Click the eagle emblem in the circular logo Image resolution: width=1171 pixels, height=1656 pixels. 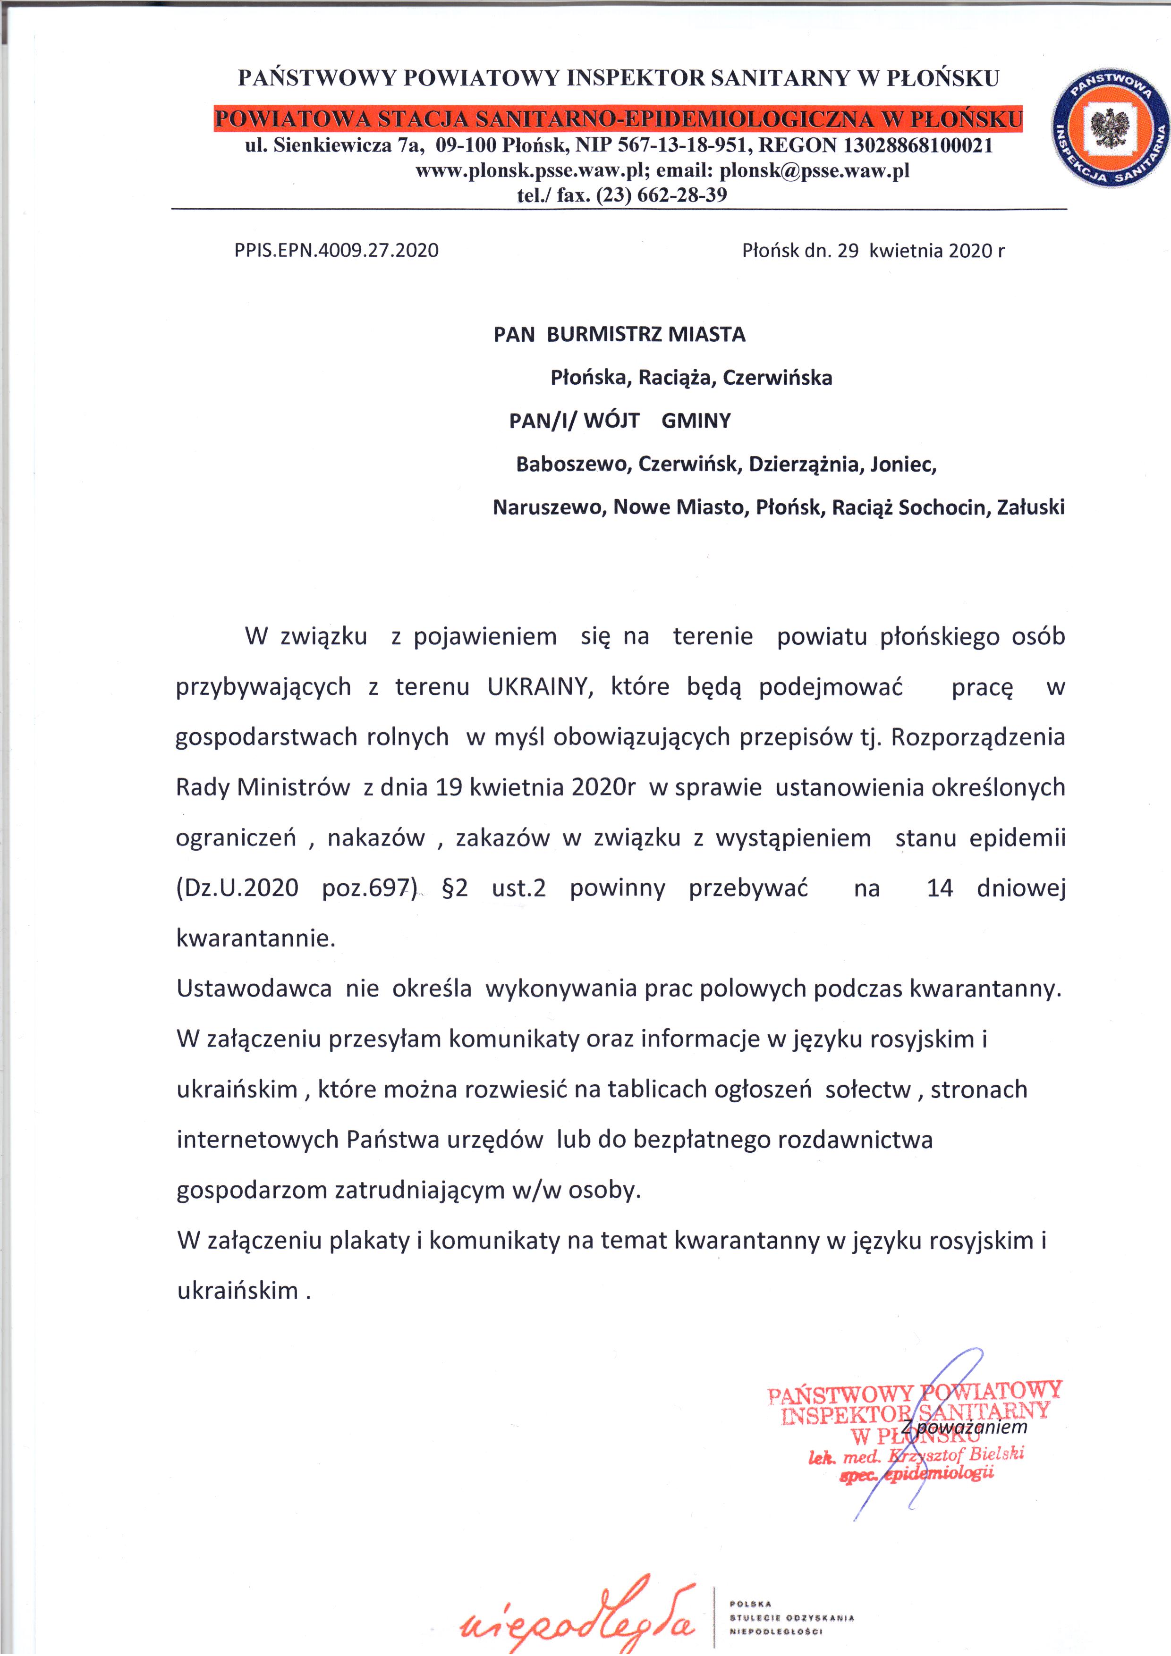(x=1109, y=130)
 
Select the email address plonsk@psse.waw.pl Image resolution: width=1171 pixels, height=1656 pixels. (x=815, y=170)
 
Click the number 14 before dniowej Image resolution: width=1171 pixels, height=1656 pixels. (x=940, y=888)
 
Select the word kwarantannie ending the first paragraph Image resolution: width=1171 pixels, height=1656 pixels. (x=255, y=938)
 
